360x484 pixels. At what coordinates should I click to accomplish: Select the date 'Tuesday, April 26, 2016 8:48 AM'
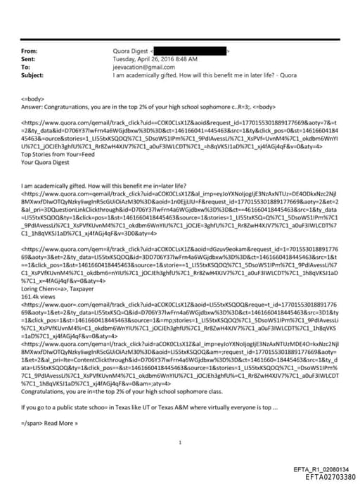pyautogui.click(x=156, y=58)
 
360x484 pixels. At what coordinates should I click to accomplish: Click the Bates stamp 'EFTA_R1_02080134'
pyautogui.click(x=321, y=468)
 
